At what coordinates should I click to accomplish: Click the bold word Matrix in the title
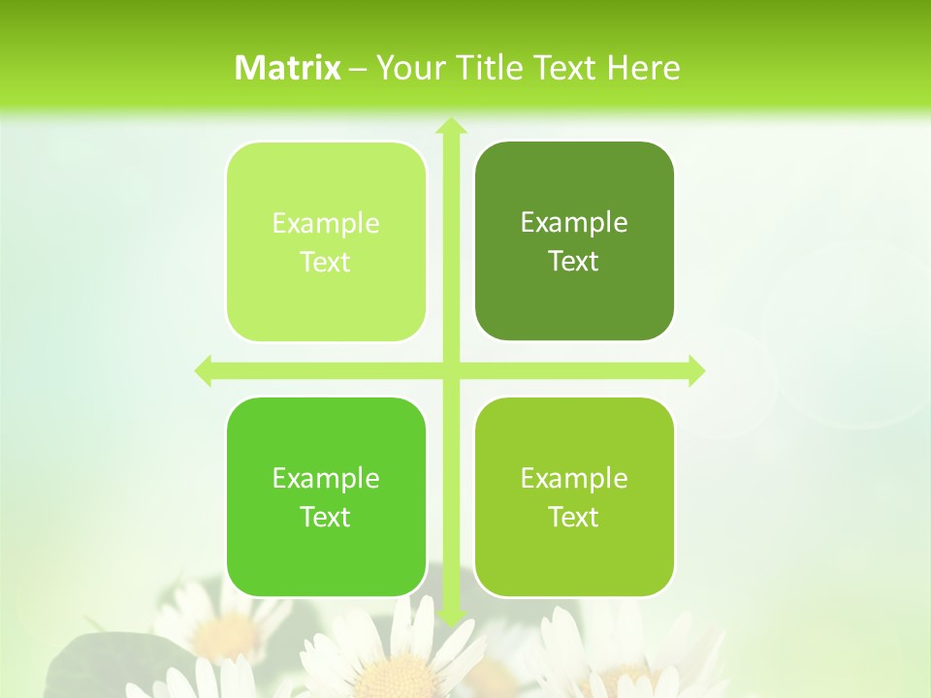[288, 68]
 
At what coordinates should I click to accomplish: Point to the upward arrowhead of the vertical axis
[451, 126]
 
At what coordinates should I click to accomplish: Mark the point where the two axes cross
[451, 370]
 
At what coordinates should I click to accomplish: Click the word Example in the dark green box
[574, 222]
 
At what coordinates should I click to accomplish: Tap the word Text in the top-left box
[326, 262]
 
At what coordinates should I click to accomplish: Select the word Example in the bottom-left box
[326, 478]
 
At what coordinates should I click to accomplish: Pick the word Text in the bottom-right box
[574, 517]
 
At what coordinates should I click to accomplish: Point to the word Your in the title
[405, 68]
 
